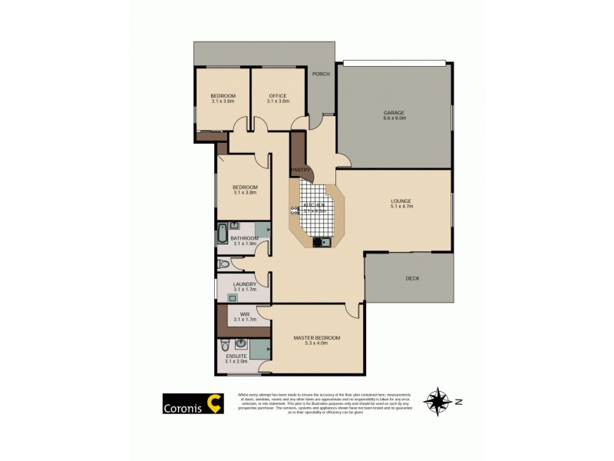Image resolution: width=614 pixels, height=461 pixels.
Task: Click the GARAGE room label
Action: point(394,112)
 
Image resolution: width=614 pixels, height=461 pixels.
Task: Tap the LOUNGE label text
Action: point(401,201)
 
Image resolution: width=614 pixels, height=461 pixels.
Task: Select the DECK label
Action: point(412,278)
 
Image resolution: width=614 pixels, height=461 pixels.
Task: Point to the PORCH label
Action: point(321,75)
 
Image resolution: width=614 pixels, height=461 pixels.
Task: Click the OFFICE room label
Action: point(278,95)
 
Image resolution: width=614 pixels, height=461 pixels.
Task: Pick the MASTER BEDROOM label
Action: point(316,337)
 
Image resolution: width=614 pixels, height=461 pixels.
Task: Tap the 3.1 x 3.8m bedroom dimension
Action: point(245,193)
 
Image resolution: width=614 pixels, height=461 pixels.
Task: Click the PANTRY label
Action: point(300,171)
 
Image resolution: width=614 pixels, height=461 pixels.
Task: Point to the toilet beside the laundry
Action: point(223,264)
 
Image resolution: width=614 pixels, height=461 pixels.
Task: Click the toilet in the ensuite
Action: point(223,343)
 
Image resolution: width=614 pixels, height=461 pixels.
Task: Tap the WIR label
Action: point(245,313)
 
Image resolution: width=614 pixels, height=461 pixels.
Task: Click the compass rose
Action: point(438,401)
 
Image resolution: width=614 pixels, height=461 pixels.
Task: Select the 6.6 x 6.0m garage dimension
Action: point(394,118)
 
